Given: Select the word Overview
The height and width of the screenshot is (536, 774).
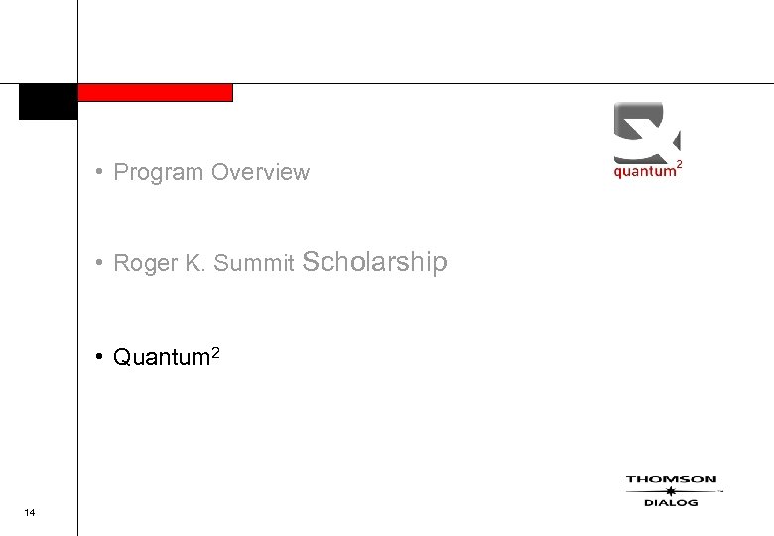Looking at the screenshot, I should click(260, 172).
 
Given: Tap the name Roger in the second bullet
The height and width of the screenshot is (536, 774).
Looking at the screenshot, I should click(144, 263).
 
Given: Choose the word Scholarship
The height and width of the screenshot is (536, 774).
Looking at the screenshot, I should click(374, 262).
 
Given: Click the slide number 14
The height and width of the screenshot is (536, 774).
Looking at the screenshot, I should click(29, 512).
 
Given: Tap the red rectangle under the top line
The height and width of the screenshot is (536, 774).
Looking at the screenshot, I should click(155, 92).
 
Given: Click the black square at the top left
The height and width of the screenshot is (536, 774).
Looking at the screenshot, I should click(48, 102).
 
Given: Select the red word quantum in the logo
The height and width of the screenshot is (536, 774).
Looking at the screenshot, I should click(643, 171).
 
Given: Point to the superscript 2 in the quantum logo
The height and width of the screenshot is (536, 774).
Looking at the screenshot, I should click(678, 162).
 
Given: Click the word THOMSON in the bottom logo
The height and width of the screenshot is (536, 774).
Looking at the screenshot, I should click(671, 480).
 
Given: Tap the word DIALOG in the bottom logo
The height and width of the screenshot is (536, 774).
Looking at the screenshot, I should click(671, 503).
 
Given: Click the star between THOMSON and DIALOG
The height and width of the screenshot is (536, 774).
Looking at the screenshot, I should click(671, 491).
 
